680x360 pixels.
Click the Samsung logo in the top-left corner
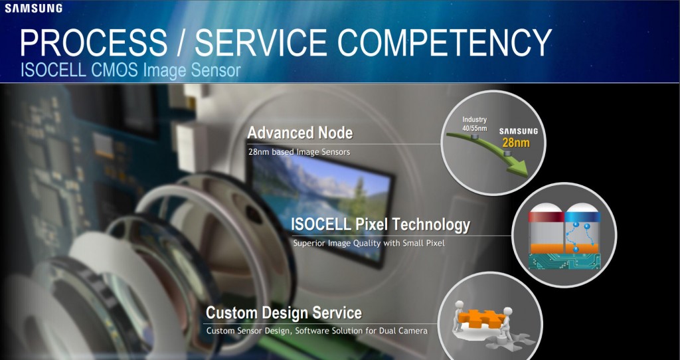[x=33, y=8]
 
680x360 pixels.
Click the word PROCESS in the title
[x=93, y=43]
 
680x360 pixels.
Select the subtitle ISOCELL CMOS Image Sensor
[x=131, y=70]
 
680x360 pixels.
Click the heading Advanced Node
[x=300, y=133]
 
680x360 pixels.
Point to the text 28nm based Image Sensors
[x=299, y=152]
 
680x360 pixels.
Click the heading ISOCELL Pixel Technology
[x=381, y=225]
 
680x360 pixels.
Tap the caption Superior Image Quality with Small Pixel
[x=369, y=243]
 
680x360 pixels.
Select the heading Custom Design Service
[x=284, y=313]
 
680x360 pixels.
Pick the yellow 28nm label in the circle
[x=516, y=143]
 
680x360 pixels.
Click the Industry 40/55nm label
[x=474, y=124]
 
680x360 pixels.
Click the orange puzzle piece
[x=482, y=318]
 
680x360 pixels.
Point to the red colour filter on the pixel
[x=546, y=217]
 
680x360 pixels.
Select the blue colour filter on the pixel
[x=582, y=217]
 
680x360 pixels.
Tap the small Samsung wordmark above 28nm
[x=518, y=132]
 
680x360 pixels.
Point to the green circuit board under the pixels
[x=564, y=261]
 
